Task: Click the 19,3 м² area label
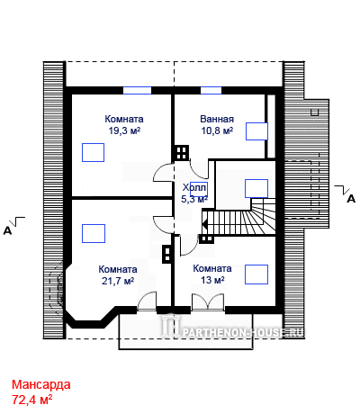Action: pos(124,130)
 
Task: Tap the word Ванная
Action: pos(217,119)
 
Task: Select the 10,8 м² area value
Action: pos(217,130)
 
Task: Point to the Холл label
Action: pos(194,188)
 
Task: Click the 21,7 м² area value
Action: pos(118,281)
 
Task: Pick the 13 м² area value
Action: pos(212,280)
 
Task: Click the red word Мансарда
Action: pos(41,384)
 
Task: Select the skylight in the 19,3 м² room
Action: pos(94,152)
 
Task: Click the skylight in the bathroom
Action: pos(256,131)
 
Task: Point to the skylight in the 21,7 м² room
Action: pos(94,233)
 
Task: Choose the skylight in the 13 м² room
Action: pos(256,274)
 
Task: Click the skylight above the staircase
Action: pos(256,188)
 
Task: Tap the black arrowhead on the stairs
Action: pos(205,224)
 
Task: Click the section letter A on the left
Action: pos(7,230)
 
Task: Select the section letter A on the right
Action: pos(351,199)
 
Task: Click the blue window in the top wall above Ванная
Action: pos(211,90)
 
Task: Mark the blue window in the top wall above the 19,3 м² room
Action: pos(138,90)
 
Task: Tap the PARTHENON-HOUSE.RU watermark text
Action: pos(243,332)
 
